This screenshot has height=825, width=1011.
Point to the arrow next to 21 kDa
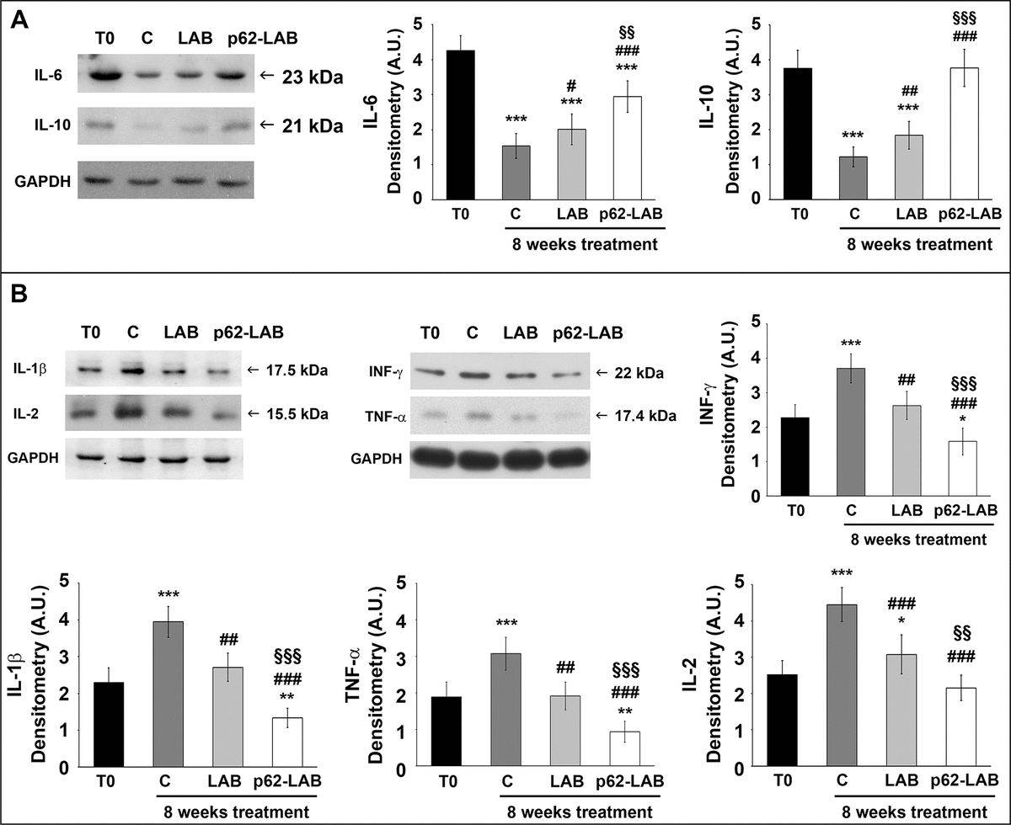268,126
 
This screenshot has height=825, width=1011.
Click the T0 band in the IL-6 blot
105,77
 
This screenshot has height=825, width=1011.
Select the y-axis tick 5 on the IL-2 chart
740,582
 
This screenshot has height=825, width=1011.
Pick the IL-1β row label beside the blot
29,369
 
